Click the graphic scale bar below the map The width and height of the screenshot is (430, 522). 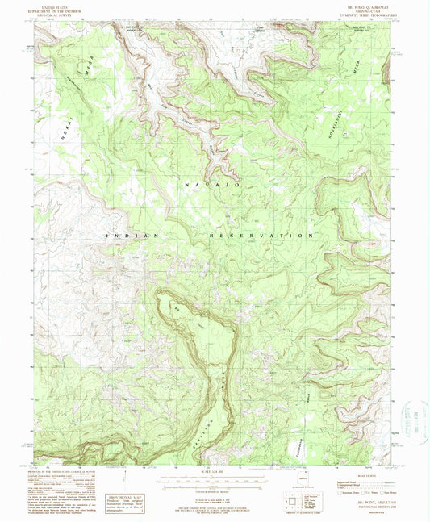coord(215,479)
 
